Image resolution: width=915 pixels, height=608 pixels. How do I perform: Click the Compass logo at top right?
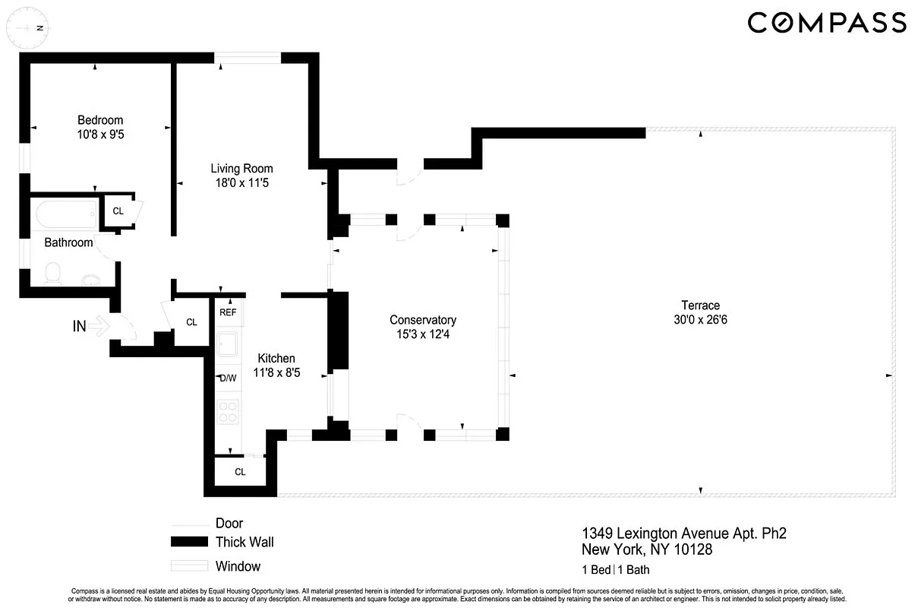[x=826, y=23]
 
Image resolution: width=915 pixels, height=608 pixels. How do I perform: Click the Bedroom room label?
[x=100, y=120]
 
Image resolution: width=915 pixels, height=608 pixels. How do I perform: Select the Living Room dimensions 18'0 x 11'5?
[x=241, y=183]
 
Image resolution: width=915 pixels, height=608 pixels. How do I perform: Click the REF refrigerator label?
[x=228, y=312]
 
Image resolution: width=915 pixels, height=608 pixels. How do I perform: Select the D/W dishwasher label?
[x=228, y=378]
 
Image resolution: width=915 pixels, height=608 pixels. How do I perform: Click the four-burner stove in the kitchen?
[x=228, y=411]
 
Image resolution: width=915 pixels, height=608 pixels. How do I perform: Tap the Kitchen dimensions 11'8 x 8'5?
[x=276, y=373]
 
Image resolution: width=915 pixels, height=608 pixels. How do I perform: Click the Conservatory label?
[x=422, y=320]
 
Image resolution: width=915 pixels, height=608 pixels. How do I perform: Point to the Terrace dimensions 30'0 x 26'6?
[x=700, y=320]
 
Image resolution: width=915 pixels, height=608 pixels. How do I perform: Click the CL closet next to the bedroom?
[x=118, y=211]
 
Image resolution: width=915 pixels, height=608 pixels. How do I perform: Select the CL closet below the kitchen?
[x=240, y=472]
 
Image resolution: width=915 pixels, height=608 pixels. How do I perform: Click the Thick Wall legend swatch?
[x=189, y=542]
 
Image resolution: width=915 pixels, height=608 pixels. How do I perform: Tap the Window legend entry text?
[x=238, y=566]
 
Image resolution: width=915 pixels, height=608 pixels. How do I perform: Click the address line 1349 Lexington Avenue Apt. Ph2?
[x=683, y=534]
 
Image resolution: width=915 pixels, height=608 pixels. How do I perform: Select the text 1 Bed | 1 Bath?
[x=615, y=570]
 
